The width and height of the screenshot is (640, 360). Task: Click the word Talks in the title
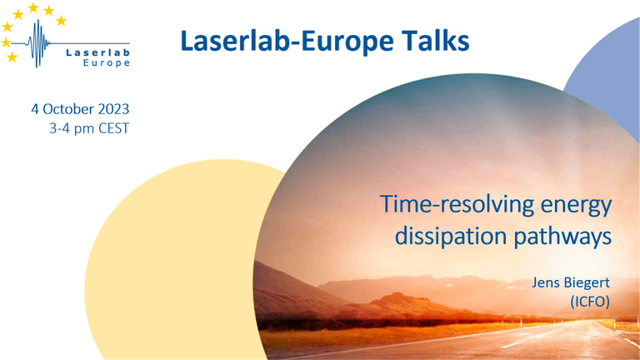coord(436,41)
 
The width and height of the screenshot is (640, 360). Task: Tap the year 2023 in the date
coord(113,109)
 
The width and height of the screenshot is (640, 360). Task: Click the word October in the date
coord(68,109)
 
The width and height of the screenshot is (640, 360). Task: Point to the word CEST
coord(114,128)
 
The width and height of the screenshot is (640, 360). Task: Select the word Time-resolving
coord(457,204)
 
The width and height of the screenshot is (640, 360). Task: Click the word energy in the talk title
coord(577,206)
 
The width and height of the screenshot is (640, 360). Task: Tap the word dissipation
coord(451,236)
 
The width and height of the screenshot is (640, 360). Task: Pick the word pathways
coord(562,237)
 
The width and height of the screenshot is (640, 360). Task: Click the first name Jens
coord(544,282)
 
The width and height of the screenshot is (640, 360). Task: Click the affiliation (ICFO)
coord(590,302)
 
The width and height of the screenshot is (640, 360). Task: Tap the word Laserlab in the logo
coord(98,52)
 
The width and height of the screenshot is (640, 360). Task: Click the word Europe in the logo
coord(107,62)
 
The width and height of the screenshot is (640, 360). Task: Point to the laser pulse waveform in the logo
coord(37,43)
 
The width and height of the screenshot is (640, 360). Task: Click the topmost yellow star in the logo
coord(33,7)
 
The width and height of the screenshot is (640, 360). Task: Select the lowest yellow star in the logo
coord(12,57)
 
